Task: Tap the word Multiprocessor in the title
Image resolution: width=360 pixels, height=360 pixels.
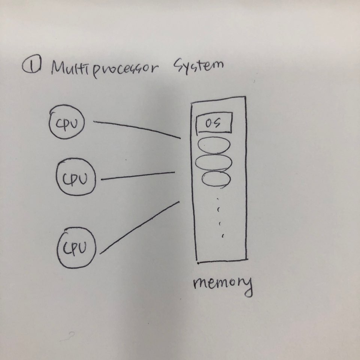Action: (x=105, y=68)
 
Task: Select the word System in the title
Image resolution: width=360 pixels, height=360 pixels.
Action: (x=199, y=66)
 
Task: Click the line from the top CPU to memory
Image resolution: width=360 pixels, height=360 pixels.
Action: (x=137, y=128)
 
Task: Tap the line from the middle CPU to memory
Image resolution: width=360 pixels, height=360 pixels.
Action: (x=138, y=176)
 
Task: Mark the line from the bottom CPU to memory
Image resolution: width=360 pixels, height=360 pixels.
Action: (x=140, y=227)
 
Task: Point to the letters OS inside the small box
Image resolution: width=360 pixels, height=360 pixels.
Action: (x=213, y=123)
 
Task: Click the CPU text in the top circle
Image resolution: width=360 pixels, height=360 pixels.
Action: (x=67, y=124)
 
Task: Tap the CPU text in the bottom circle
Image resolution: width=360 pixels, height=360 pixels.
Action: (x=75, y=248)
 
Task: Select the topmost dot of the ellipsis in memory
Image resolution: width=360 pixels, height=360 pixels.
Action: (x=218, y=199)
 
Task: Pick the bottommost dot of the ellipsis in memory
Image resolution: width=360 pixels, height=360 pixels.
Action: (x=223, y=236)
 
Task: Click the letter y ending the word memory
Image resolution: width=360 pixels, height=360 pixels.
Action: (x=248, y=287)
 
